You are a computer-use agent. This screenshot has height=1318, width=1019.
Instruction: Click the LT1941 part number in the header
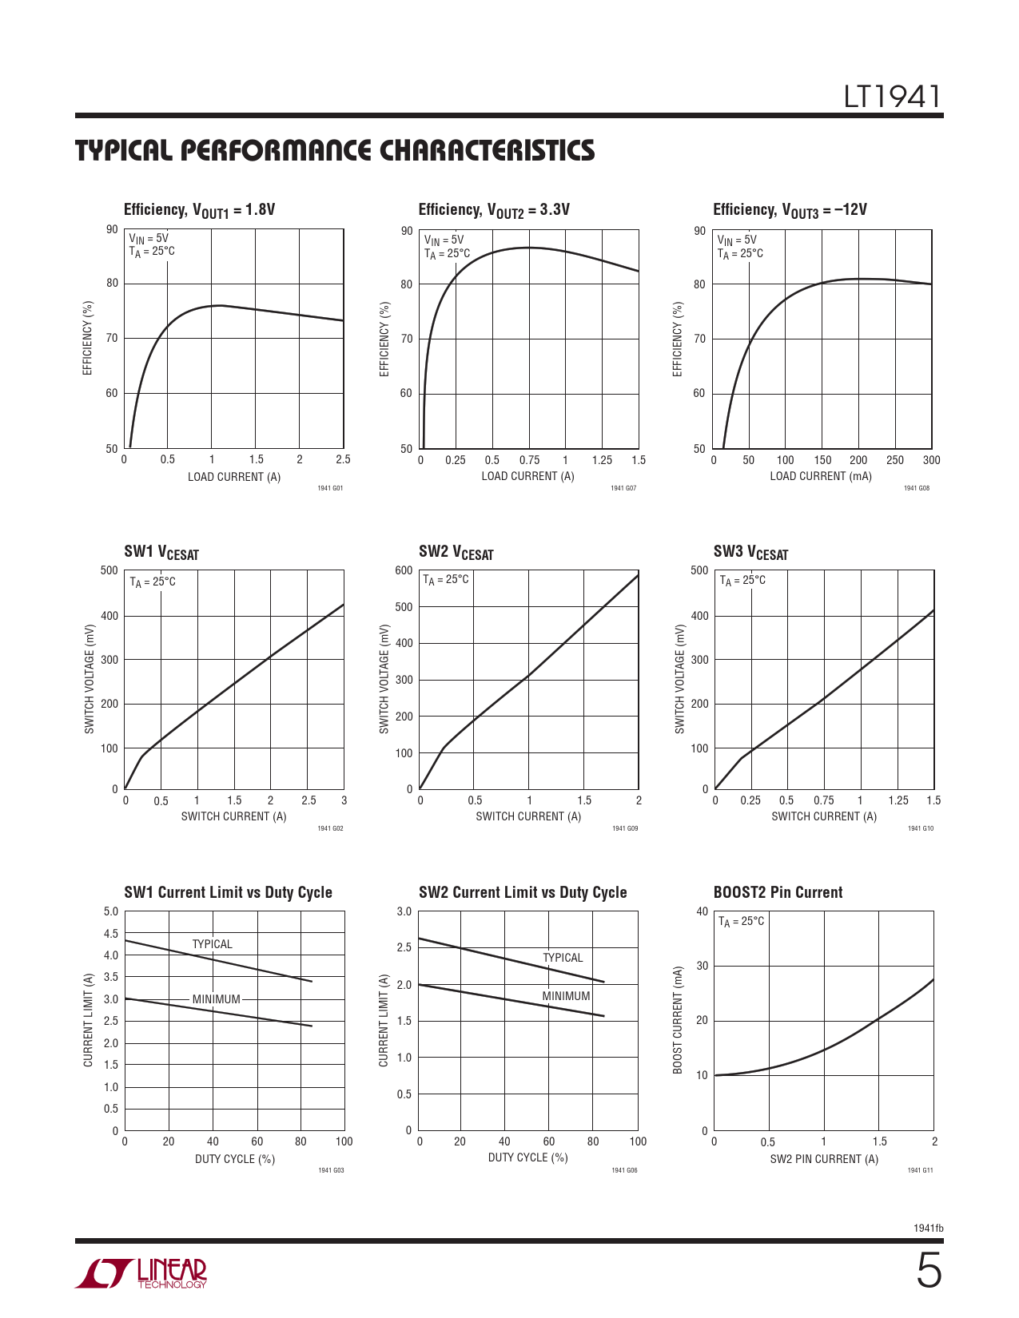893,97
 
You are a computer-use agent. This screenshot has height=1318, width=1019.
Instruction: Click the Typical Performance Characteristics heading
335,150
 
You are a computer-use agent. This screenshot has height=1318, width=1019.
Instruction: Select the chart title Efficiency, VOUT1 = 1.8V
199,210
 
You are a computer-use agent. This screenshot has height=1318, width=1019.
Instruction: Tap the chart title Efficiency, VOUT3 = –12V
790,210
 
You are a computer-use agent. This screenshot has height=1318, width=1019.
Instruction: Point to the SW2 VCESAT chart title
456,552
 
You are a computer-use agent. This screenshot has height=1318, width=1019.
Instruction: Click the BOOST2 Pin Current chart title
778,892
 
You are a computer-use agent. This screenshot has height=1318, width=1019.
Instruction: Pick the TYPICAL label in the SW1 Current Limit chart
212,944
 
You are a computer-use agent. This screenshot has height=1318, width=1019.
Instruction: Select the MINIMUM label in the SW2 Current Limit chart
566,996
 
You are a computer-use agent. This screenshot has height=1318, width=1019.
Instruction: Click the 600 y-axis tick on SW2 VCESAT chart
404,570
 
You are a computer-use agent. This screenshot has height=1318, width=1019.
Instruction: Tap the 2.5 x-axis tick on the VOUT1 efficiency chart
343,459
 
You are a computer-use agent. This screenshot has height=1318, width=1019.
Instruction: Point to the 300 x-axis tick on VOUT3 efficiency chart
931,460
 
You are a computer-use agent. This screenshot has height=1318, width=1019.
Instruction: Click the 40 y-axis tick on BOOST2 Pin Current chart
702,911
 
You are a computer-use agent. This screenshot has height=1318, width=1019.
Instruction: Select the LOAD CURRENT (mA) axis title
821,476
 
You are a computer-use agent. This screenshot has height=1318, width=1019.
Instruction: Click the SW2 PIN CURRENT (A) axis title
824,1159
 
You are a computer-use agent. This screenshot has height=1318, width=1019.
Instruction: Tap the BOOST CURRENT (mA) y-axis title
679,1020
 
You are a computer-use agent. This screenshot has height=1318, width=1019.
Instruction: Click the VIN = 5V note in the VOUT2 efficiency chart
444,240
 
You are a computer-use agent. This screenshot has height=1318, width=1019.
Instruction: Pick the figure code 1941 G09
625,828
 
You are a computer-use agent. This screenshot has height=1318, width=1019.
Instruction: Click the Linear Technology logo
141,1273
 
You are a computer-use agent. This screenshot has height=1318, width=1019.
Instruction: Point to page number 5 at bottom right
929,1271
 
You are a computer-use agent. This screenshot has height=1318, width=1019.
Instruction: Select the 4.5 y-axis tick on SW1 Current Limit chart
110,933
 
